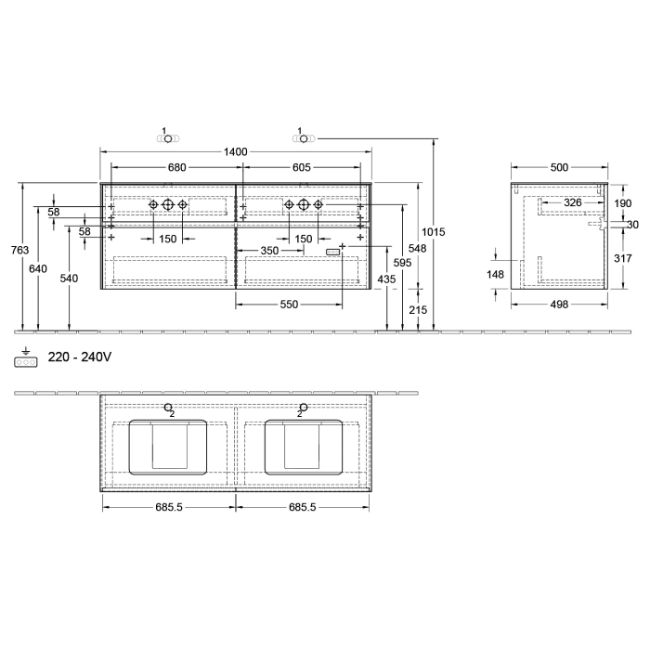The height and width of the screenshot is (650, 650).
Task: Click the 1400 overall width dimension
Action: [235, 151]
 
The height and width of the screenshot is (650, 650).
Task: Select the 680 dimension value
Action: [176, 167]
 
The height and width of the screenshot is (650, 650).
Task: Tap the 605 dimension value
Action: [301, 167]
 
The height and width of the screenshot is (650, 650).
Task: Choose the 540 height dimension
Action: [70, 278]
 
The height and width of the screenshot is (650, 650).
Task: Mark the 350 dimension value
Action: [269, 251]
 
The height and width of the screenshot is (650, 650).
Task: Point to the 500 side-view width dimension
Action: [559, 167]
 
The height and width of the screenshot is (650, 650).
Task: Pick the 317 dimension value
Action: [623, 258]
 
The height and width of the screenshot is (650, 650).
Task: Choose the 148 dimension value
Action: [496, 274]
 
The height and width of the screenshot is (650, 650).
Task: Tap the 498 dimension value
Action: [559, 305]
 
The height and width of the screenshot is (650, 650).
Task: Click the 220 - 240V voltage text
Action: [79, 356]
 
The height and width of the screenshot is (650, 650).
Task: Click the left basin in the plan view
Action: [169, 447]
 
